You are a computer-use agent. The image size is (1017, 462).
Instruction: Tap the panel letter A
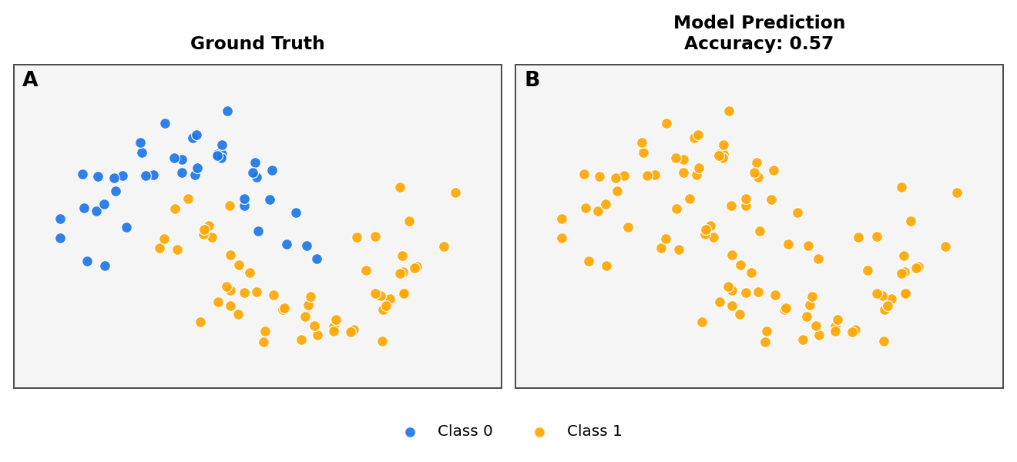(30, 80)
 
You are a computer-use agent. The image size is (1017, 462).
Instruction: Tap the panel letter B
(532, 80)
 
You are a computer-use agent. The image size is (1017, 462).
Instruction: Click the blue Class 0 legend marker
(410, 432)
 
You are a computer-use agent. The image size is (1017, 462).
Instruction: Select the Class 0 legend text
(465, 431)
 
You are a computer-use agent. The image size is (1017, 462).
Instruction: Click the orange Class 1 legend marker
(539, 432)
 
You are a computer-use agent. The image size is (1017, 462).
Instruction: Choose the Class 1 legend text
(594, 431)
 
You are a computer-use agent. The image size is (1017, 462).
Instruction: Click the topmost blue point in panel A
(227, 111)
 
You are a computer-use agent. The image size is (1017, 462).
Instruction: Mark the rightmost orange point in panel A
(455, 192)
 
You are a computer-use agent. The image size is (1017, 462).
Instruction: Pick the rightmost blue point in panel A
(317, 259)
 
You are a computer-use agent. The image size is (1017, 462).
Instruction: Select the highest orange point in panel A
(400, 187)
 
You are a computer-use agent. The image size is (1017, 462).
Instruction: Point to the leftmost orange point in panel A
(159, 248)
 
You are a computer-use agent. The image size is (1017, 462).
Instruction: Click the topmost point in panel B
(729, 111)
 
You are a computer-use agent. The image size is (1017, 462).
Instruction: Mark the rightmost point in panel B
(957, 192)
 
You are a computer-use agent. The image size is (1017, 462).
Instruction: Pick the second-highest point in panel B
(666, 123)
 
